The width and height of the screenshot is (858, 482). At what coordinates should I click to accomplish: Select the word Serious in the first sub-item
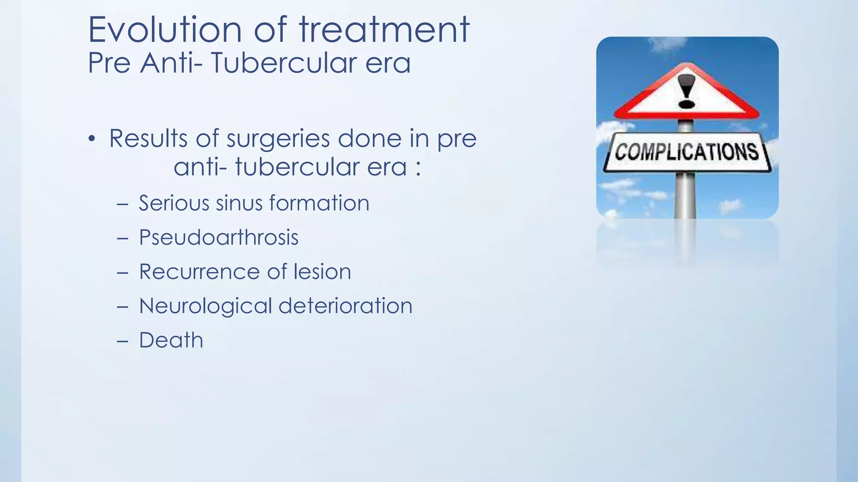(173, 203)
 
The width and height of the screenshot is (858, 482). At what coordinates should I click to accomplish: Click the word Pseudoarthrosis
(218, 238)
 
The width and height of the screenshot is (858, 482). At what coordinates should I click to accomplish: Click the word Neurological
(205, 306)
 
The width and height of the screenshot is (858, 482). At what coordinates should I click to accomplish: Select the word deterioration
(345, 306)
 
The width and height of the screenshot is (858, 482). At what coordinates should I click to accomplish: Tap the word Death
(171, 340)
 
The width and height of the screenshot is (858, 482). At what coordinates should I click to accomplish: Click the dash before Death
(123, 341)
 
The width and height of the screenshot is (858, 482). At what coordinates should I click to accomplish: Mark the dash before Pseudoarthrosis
(123, 238)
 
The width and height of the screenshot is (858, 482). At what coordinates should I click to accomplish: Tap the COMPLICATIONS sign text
(687, 151)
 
